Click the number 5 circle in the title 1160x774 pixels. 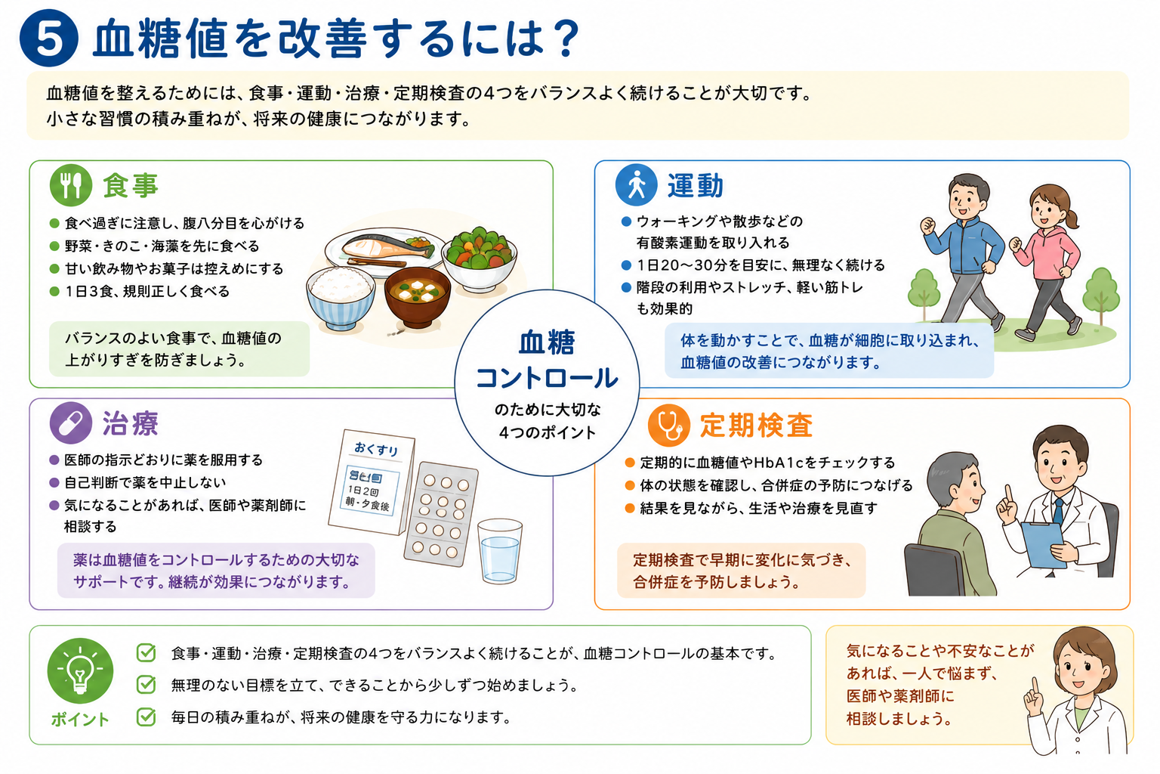[x=49, y=38]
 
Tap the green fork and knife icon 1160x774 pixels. [x=71, y=185]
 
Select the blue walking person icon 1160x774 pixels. [x=637, y=185]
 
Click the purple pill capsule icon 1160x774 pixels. [x=71, y=423]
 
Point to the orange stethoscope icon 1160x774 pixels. [x=669, y=425]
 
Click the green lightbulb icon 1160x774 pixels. [x=80, y=671]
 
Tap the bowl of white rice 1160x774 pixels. [x=341, y=299]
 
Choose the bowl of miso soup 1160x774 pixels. [x=418, y=297]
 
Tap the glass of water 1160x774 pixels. [x=500, y=551]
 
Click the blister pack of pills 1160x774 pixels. [x=441, y=514]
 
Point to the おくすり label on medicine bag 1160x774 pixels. [x=377, y=449]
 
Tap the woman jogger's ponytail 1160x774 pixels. [x=1072, y=217]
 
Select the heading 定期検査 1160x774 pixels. [x=756, y=426]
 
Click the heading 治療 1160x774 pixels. [x=130, y=423]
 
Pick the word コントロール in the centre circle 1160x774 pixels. [x=547, y=378]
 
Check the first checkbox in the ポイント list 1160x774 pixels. [x=146, y=653]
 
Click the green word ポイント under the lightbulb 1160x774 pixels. [x=80, y=720]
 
